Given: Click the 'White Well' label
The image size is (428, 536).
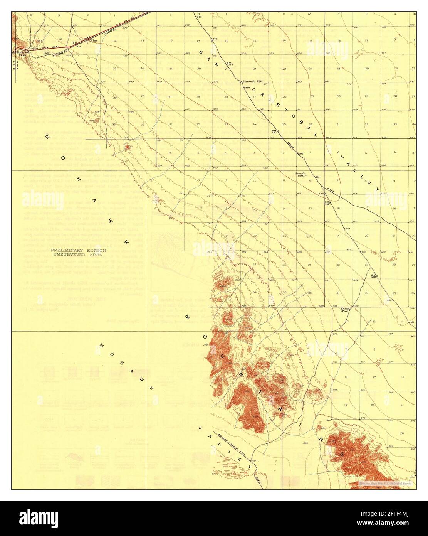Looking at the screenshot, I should click(x=344, y=310).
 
